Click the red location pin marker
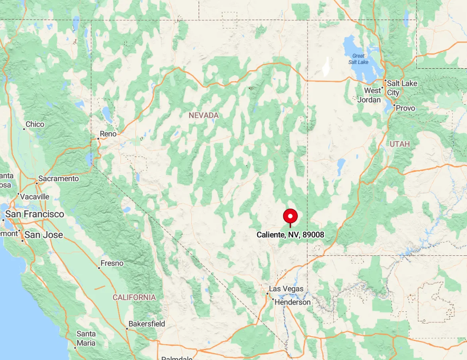(291, 217)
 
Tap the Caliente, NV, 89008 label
(290, 235)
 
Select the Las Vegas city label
(286, 289)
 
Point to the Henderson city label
(292, 302)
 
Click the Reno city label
(108, 134)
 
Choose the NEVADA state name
(203, 115)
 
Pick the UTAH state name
(399, 144)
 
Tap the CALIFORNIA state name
(134, 298)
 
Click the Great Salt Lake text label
(359, 59)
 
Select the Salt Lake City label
(401, 88)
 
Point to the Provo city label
(405, 108)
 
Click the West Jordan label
(370, 95)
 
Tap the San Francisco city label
(34, 214)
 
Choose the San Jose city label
(44, 235)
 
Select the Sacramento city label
(59, 179)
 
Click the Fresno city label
(111, 263)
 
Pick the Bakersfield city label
(146, 324)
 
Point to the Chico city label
(35, 124)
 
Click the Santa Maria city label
(86, 338)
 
